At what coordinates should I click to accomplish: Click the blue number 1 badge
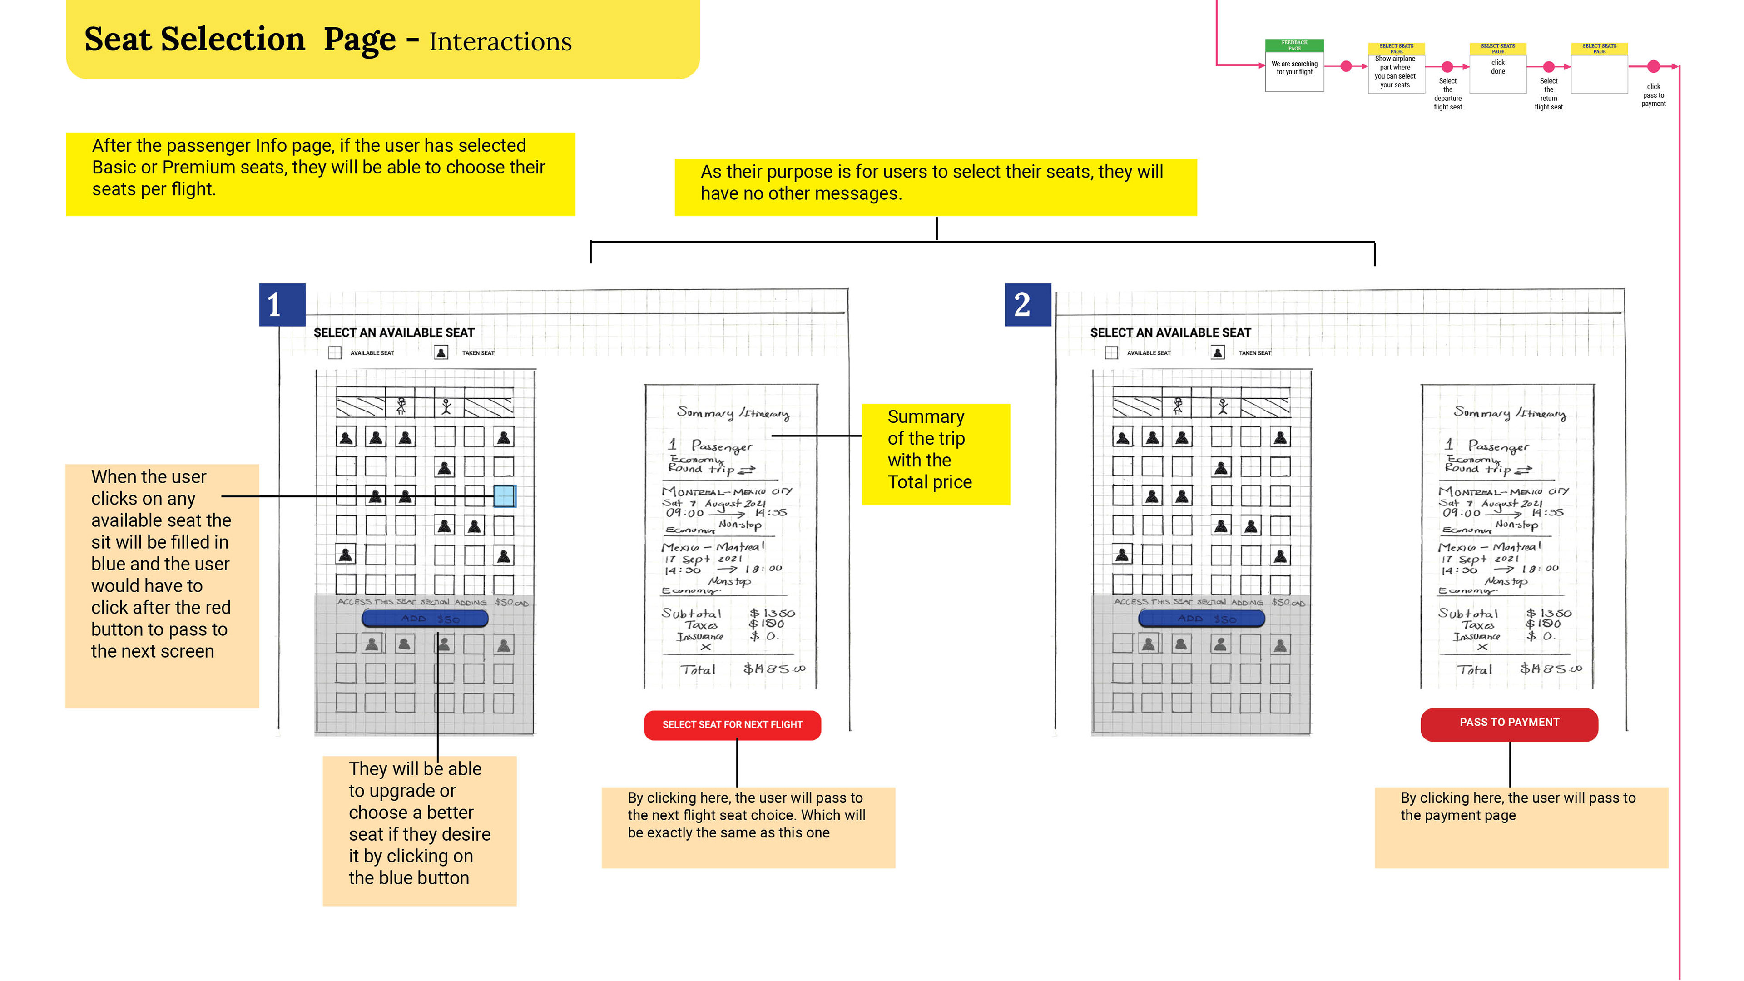tap(282, 305)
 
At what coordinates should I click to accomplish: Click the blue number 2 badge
tap(1027, 305)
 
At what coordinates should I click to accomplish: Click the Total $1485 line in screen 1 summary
tap(742, 669)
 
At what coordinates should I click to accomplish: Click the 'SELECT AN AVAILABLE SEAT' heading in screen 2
tap(1170, 332)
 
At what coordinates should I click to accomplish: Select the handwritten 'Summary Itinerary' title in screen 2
tap(1509, 412)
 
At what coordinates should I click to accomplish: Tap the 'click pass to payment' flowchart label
tap(1653, 95)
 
